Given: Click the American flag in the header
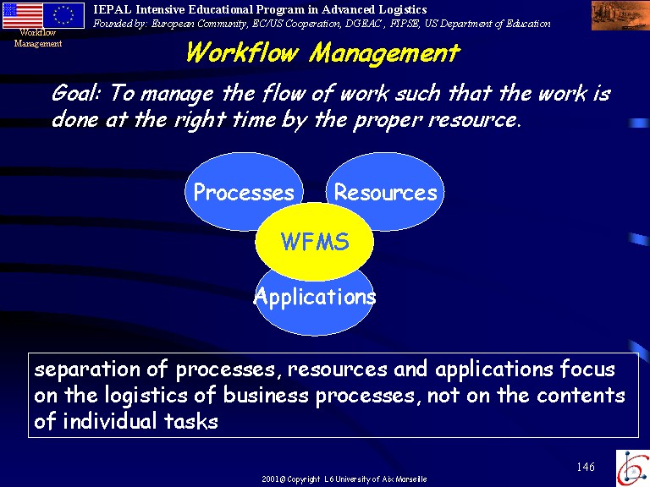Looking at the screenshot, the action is (x=23, y=15).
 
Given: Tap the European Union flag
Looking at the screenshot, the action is (x=63, y=15).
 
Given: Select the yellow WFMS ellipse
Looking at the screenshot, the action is (x=315, y=242).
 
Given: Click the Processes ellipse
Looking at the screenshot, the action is (x=244, y=192).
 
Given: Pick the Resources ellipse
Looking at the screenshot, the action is (x=385, y=192).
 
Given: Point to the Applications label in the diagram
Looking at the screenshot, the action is (x=315, y=297).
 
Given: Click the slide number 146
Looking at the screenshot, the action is (x=586, y=467).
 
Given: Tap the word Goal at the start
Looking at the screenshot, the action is (x=76, y=93).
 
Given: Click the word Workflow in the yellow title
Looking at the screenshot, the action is (x=242, y=53).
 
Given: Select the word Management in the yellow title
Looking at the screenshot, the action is (x=384, y=54).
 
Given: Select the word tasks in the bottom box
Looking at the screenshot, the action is (x=190, y=421).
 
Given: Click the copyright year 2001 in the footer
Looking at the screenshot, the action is (x=271, y=479).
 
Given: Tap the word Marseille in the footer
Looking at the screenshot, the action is (x=410, y=479).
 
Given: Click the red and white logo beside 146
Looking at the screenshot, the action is (x=632, y=468).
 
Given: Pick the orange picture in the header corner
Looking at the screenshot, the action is (x=620, y=15).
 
